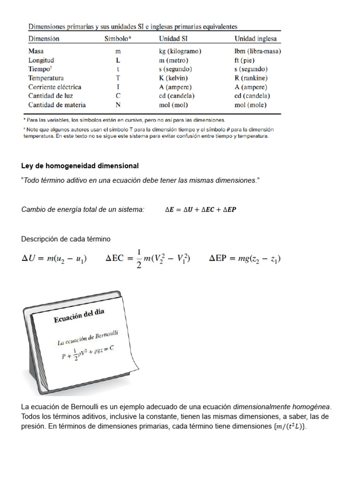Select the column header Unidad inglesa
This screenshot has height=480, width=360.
255,39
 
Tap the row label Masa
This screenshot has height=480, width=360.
36,51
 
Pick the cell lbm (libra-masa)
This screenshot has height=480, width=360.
258,51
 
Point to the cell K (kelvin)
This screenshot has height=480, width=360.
175,78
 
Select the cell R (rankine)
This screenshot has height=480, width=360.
251,78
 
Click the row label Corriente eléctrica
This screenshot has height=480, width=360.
54,87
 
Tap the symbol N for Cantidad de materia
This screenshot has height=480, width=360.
118,105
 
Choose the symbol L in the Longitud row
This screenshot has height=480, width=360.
118,60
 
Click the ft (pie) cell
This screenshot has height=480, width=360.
246,60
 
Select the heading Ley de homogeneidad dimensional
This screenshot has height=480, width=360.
80,166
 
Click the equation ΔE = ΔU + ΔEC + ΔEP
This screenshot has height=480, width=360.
201,210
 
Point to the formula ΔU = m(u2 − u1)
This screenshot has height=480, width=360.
54,259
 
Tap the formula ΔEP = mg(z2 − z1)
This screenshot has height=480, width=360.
245,259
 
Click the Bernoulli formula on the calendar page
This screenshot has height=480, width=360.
88,352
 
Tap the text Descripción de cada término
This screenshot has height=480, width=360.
66,239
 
